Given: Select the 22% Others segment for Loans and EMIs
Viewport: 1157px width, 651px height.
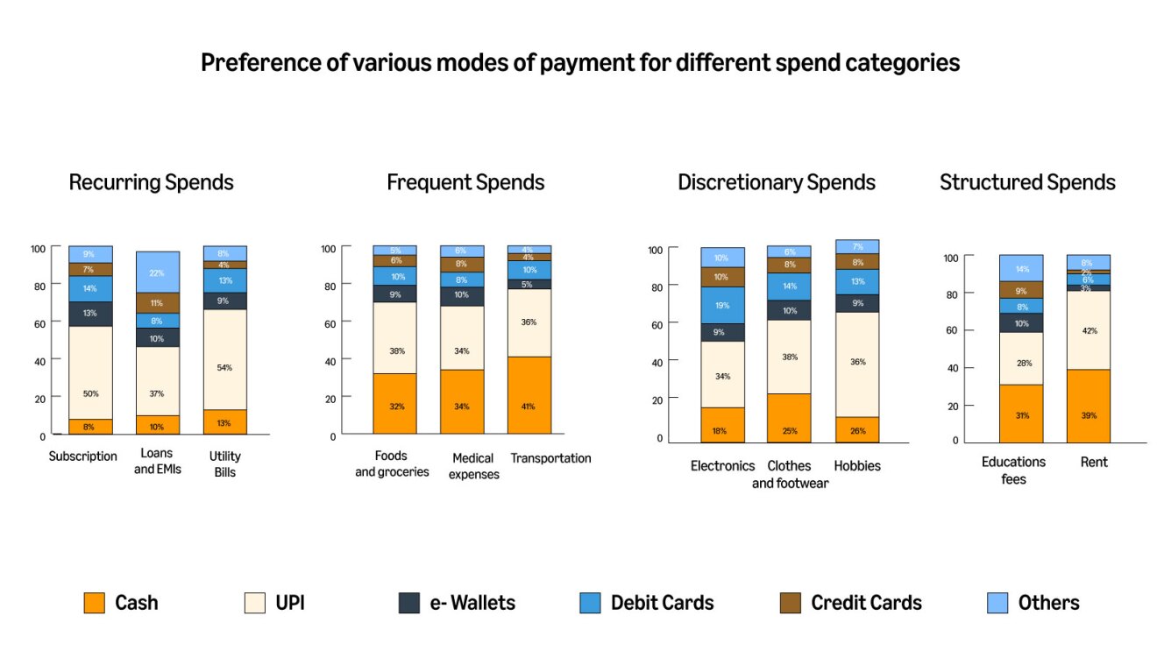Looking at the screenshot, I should click(158, 272).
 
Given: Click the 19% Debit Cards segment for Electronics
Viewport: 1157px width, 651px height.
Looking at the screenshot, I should click(722, 306).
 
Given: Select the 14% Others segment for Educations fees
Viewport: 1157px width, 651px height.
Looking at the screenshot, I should click(1021, 268).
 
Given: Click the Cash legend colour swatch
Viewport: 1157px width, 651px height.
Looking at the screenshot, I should click(95, 603).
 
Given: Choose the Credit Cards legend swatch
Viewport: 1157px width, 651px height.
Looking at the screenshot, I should click(790, 603).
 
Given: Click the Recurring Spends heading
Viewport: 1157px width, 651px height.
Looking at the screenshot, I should click(151, 182).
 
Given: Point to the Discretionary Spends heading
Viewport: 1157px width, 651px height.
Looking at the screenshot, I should click(776, 182).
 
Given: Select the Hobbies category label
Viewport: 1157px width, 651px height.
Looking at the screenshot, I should click(857, 466).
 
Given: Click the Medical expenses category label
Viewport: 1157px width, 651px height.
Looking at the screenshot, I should click(473, 466).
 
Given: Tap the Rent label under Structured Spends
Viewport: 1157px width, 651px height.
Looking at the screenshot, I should click(1094, 462).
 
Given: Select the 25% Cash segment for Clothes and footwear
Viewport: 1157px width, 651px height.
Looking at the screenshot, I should click(789, 418).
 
